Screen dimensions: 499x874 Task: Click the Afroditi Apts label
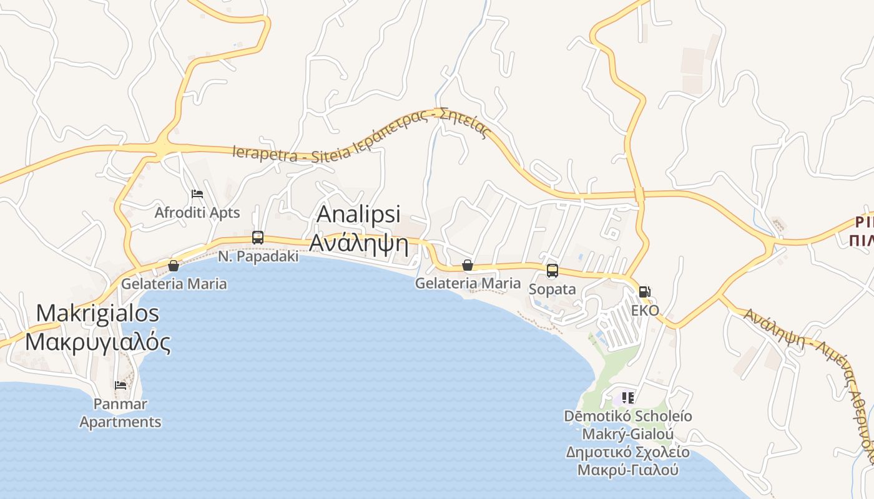pyautogui.click(x=197, y=213)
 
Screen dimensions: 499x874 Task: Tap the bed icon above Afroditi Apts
pyautogui.click(x=197, y=194)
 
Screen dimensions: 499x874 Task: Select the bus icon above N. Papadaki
pyautogui.click(x=258, y=237)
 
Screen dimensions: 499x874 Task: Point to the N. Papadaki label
pyautogui.click(x=258, y=256)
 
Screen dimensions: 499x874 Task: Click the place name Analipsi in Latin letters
pyautogui.click(x=358, y=213)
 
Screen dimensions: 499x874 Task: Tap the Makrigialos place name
pyautogui.click(x=97, y=313)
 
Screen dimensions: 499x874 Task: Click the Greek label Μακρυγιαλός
pyautogui.click(x=97, y=342)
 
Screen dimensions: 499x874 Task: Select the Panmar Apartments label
pyautogui.click(x=120, y=413)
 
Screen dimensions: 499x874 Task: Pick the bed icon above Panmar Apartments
pyautogui.click(x=120, y=385)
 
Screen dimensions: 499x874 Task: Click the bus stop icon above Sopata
pyautogui.click(x=552, y=271)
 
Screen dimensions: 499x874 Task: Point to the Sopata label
pyautogui.click(x=552, y=289)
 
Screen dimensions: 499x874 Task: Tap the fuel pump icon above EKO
pyautogui.click(x=645, y=291)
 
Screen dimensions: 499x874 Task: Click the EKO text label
pyautogui.click(x=645, y=310)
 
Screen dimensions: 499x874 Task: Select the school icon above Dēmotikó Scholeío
pyautogui.click(x=628, y=397)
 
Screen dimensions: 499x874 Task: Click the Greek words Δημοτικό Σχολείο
pyautogui.click(x=628, y=452)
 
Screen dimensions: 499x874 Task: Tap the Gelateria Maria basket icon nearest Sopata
pyautogui.click(x=468, y=266)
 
